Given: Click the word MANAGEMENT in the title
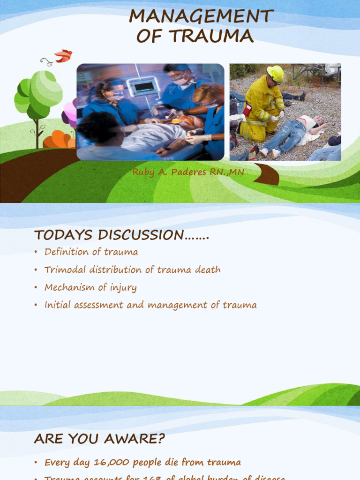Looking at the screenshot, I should coord(201,16).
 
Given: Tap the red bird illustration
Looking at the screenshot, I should coord(63,56).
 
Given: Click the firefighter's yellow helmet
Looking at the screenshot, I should coord(276,74).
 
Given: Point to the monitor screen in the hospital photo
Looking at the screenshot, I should coord(143,86).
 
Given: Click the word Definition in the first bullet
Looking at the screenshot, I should coord(67,252).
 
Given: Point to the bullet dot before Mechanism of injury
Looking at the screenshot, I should coord(36,288).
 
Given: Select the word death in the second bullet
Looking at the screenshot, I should coord(208,270).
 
